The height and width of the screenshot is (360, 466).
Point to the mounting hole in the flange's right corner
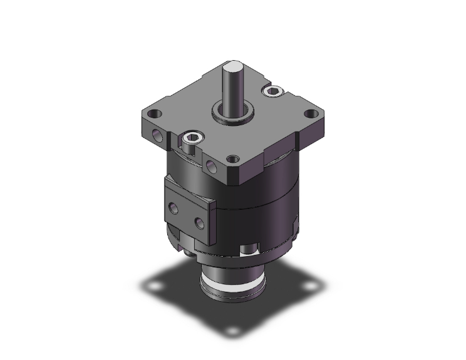click(309, 115)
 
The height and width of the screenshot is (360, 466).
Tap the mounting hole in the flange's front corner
click(233, 160)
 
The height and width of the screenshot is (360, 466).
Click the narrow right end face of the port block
click(212, 220)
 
